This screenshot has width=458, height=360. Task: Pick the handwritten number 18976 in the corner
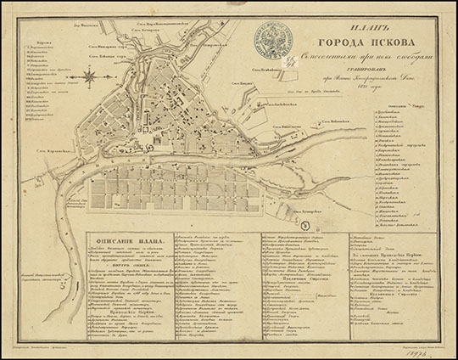[x=428, y=351]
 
